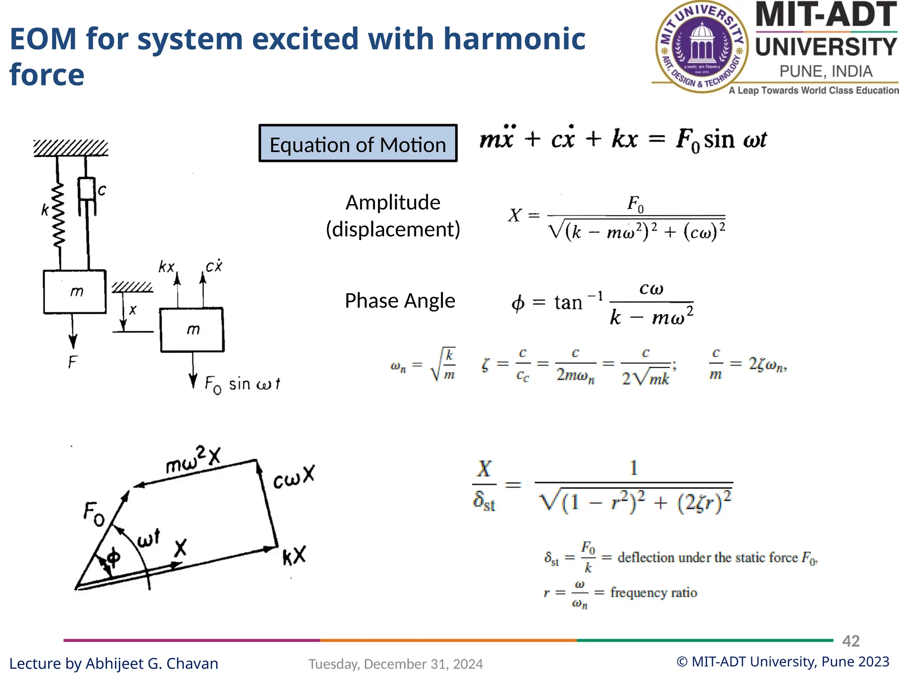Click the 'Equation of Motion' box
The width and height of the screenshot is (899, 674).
pos(358,143)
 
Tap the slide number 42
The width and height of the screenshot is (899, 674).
pos(850,641)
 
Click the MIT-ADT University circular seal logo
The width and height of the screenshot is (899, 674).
pos(701,47)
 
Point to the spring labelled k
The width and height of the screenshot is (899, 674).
pos(58,215)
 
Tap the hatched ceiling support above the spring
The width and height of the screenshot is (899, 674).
pos(71,148)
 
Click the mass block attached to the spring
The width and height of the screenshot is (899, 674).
pos(75,291)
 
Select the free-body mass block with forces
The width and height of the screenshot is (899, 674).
pos(192,330)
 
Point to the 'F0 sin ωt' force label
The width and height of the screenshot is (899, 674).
pos(242,384)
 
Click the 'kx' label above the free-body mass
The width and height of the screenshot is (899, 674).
pos(167,266)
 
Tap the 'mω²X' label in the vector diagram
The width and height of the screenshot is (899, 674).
pos(193,460)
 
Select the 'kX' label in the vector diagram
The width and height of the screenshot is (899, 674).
pos(294,556)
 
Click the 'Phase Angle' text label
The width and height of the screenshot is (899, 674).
pos(399,301)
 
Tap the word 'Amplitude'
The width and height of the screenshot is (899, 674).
pos(392,203)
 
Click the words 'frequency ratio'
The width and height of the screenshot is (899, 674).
pos(653,593)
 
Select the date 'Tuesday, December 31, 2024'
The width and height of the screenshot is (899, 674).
pos(396,664)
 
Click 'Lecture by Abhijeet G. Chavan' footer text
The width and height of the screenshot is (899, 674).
pos(114,663)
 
